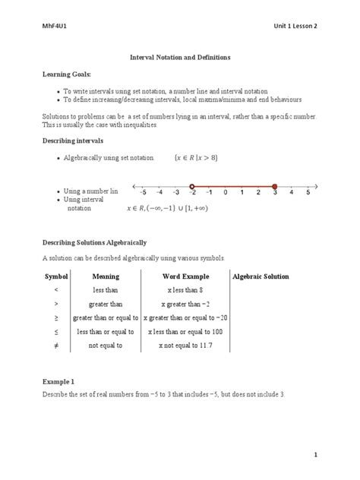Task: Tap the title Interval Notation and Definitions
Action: [179, 57]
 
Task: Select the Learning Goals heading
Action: [65, 75]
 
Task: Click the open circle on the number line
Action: [192, 185]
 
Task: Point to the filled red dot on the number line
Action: [274, 185]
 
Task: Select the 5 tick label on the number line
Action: [308, 194]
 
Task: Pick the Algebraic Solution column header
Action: [261, 276]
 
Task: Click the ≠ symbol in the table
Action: [56, 346]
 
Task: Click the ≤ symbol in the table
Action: [56, 331]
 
